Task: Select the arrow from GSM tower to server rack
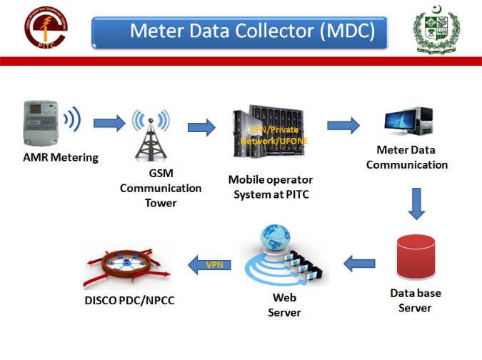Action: pyautogui.click(x=201, y=127)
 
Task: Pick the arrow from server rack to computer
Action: pyautogui.click(x=343, y=125)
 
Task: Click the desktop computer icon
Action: pyautogui.click(x=408, y=122)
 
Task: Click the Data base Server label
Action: pyautogui.click(x=414, y=300)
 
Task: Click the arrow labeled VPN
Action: pyautogui.click(x=211, y=265)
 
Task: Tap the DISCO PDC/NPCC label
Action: pyautogui.click(x=129, y=300)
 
